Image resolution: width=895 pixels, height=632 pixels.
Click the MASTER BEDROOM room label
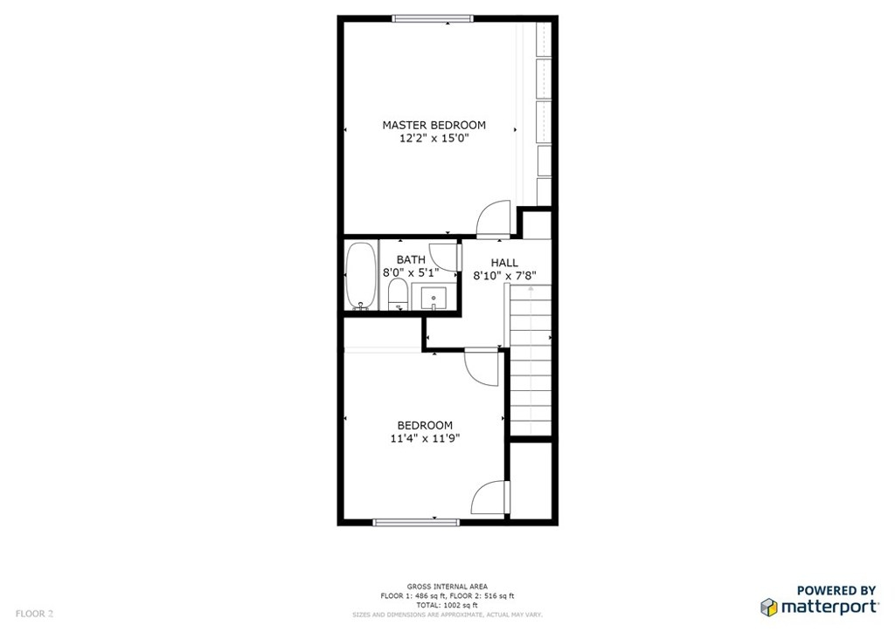(434, 125)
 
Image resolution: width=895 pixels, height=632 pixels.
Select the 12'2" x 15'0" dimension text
(434, 139)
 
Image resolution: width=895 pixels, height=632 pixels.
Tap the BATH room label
(411, 260)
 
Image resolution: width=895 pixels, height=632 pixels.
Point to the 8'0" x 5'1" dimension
(411, 272)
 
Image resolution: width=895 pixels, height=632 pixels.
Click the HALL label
(504, 263)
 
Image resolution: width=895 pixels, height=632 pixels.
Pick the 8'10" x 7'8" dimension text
(504, 277)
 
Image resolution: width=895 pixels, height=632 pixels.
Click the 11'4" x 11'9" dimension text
(426, 438)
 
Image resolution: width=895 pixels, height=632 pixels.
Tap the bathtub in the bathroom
(361, 277)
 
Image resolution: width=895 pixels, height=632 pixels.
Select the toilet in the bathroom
(398, 295)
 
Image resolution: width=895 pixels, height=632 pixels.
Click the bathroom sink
(434, 297)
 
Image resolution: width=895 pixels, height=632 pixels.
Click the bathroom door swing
(443, 257)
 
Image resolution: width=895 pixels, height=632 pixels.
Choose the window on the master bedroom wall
(434, 18)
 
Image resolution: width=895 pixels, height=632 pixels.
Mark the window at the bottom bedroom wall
(416, 522)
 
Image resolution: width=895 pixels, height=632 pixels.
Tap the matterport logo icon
(769, 607)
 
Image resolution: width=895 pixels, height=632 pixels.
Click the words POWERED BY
(836, 590)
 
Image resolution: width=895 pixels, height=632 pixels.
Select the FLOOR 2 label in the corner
(34, 614)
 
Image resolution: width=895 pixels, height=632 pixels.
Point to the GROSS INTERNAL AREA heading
(447, 587)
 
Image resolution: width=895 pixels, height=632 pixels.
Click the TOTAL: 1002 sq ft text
(447, 605)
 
